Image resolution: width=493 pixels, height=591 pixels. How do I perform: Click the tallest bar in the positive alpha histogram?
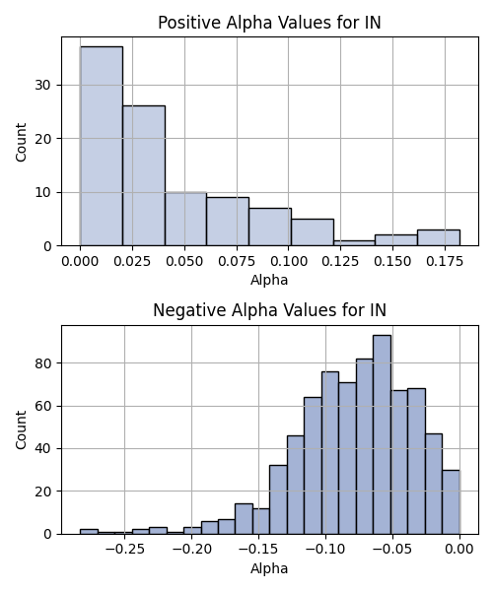coord(102,146)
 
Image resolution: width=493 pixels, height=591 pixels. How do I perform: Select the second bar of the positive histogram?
coord(144,175)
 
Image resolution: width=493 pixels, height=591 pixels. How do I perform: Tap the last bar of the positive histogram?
coord(439,237)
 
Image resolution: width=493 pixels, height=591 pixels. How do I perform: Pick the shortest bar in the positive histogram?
coord(354,243)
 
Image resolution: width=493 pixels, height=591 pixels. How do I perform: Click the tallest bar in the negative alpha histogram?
coord(383,434)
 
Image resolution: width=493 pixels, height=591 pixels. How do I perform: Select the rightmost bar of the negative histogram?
coord(452,502)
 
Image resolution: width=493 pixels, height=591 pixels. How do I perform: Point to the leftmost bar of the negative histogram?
coord(89,532)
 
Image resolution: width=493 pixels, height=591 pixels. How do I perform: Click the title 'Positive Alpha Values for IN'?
coord(269,23)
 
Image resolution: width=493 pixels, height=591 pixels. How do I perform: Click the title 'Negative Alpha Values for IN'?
coord(269,310)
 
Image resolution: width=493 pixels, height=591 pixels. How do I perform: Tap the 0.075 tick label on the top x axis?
coord(237,261)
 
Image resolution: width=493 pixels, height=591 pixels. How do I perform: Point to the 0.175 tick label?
coord(445,261)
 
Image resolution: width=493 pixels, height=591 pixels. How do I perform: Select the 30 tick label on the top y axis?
coord(43,85)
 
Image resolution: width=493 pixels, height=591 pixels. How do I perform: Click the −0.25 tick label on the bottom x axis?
coord(125,550)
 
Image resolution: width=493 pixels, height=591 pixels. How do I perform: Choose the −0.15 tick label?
coord(258,550)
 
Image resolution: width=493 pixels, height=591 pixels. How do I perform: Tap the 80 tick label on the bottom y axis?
coord(43,363)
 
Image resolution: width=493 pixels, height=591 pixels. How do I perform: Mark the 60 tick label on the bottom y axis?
coord(43,406)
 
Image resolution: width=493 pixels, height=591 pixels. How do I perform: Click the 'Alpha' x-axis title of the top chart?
coord(269,280)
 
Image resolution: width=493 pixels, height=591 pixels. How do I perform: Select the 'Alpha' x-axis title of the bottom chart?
coord(269,568)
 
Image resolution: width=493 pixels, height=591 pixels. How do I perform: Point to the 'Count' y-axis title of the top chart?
coord(21,142)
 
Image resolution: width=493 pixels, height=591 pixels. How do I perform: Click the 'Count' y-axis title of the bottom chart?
coord(21,430)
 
